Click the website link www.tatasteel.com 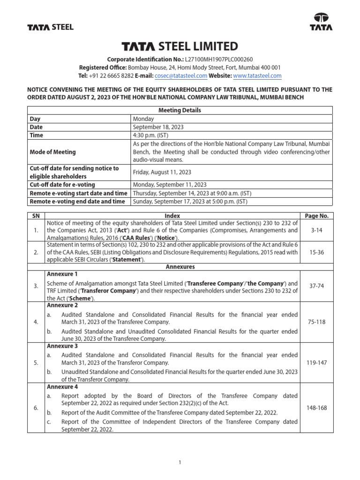[x=257, y=75]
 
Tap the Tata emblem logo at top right [x=321, y=21]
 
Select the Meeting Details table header [x=180, y=110]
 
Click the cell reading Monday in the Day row [x=142, y=119]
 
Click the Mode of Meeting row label [x=52, y=152]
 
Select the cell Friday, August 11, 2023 [x=162, y=172]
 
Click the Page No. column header [x=317, y=216]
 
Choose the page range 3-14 [x=317, y=231]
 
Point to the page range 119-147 [x=317, y=362]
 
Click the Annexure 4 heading [x=62, y=387]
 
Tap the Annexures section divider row [x=180, y=267]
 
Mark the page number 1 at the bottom [x=180, y=463]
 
